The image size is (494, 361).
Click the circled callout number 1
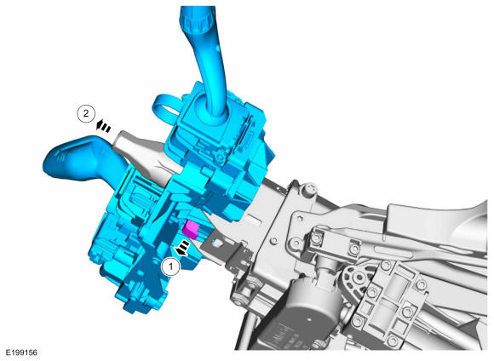click(x=170, y=266)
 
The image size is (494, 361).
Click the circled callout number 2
click(x=86, y=113)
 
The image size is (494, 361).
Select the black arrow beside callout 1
click(x=182, y=247)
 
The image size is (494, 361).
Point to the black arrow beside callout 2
click(x=103, y=127)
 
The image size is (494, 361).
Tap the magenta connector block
click(x=192, y=229)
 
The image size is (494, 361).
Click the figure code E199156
click(x=21, y=352)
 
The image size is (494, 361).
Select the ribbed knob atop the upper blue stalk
click(x=196, y=17)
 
